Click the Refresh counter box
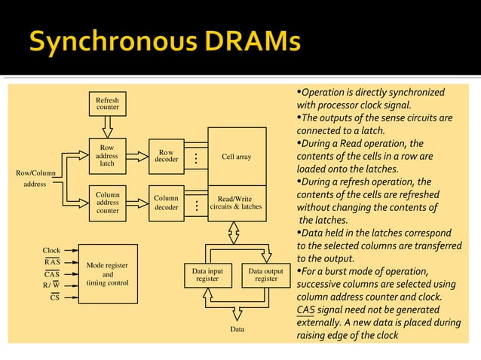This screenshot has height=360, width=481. coord(107,104)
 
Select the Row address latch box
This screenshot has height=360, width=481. coord(107,157)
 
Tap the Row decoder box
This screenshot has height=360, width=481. coord(166,157)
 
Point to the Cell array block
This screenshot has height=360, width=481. coord(237,157)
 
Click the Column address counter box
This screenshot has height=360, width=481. coord(107,203)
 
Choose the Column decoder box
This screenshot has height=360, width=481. coord(166,203)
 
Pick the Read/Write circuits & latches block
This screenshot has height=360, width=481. coord(237,203)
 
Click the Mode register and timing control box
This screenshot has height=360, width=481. coord(108,274)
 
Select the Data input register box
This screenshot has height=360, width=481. coord(207,275)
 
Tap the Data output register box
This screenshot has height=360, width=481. coord(265,275)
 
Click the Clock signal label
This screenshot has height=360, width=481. coord(51,251)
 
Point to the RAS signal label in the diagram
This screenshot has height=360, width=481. coord(52,262)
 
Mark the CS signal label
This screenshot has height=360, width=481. coord(54,297)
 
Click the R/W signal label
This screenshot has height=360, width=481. coord(51,285)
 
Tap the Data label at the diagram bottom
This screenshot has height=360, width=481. coord(237,329)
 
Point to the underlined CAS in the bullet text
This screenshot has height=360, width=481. coord(305,310)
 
